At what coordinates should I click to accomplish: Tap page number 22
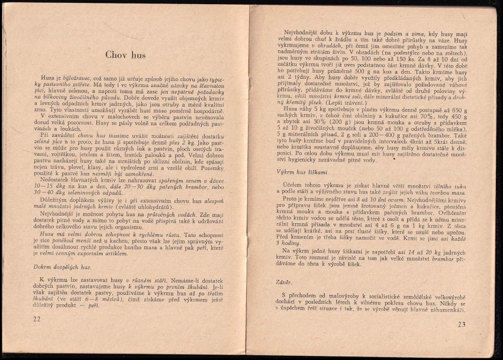tap(37, 319)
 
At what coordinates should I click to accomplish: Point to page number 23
tap(462, 324)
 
